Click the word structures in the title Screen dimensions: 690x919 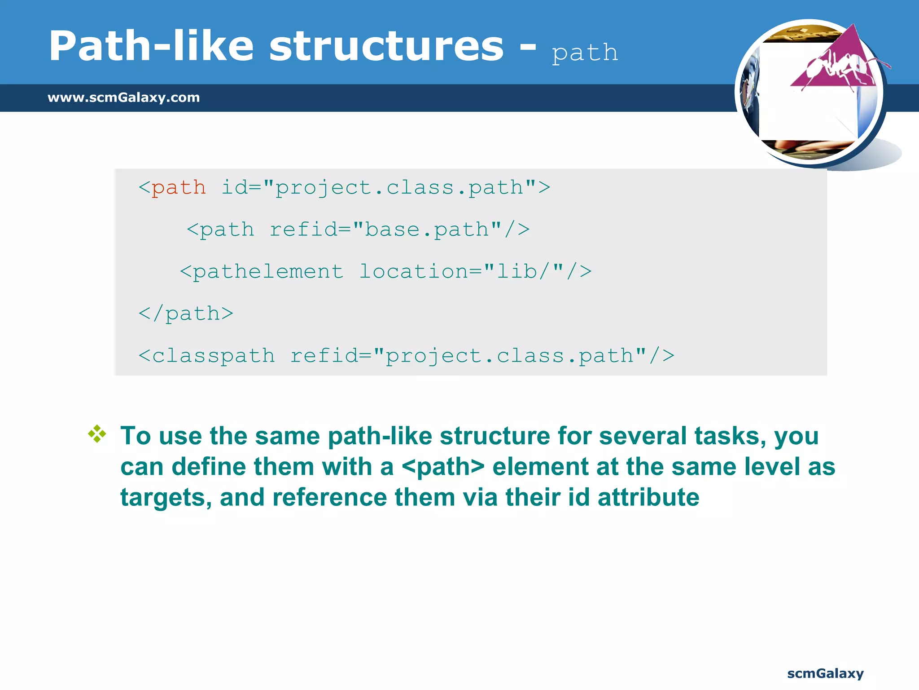tap(386, 46)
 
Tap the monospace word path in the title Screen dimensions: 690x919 tap(585, 53)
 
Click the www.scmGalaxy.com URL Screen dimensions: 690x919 tap(124, 97)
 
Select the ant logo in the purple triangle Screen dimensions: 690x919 tap(839, 67)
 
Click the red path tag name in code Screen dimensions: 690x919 tap(179, 187)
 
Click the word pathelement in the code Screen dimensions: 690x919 tap(268, 272)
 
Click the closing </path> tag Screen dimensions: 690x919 tap(186, 314)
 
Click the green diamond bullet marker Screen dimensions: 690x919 tap(97, 434)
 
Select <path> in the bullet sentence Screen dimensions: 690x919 tap(443, 467)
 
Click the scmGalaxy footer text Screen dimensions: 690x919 tap(825, 673)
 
